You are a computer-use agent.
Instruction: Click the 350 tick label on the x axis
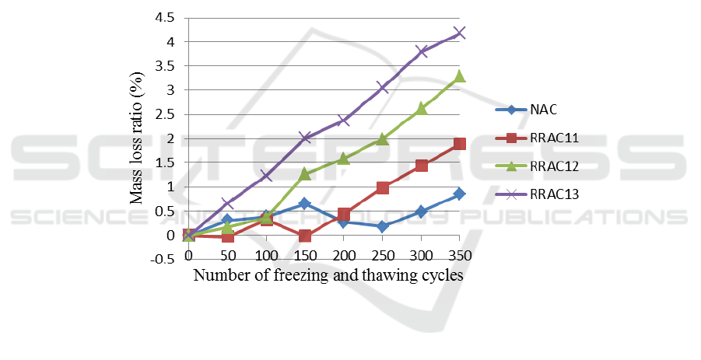(x=459, y=255)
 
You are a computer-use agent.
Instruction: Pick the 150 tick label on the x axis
(x=305, y=255)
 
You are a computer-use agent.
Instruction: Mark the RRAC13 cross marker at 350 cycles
(x=459, y=33)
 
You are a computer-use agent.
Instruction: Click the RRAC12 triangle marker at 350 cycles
(x=459, y=76)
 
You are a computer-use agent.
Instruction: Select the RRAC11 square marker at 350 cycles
(x=459, y=144)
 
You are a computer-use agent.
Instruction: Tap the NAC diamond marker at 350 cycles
(x=459, y=194)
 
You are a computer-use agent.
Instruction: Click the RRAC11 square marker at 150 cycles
(x=305, y=236)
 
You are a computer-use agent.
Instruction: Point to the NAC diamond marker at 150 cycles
(x=305, y=203)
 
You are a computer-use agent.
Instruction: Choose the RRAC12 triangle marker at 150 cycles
(x=305, y=174)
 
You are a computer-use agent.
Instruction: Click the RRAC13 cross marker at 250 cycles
(x=382, y=87)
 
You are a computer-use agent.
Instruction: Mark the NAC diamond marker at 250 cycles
(x=382, y=226)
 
